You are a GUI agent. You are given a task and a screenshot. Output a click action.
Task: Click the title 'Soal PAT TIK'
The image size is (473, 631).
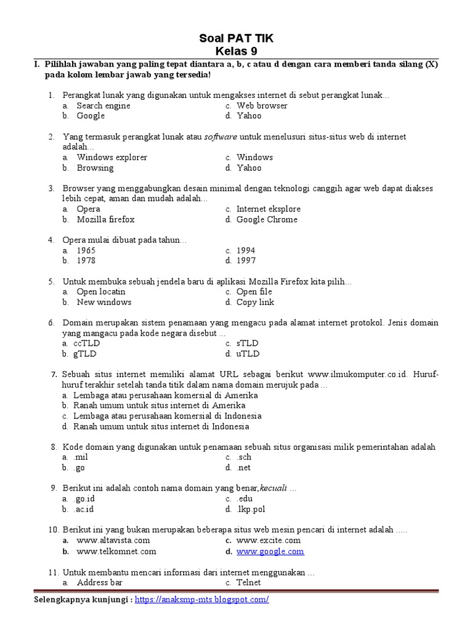pos(236,39)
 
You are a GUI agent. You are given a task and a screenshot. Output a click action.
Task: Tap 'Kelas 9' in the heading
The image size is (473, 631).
pos(236,51)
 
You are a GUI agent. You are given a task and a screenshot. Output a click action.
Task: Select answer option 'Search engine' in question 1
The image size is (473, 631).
pos(103,105)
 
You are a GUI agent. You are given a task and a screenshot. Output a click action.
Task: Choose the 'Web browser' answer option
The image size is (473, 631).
pos(262,105)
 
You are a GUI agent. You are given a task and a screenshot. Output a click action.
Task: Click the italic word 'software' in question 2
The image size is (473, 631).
pos(220,137)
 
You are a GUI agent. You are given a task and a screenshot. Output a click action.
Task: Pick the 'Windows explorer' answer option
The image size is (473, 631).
pos(112,157)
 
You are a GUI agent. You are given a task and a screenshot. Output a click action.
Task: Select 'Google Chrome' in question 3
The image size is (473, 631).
pos(267,219)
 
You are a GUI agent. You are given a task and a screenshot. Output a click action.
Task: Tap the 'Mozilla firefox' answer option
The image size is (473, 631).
pos(105,219)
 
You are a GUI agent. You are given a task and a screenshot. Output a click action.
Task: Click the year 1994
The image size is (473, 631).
pos(246,250)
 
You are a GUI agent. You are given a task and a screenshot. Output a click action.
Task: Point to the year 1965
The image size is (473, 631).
pos(86,250)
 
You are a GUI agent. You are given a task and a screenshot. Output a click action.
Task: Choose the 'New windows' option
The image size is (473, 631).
pos(104,302)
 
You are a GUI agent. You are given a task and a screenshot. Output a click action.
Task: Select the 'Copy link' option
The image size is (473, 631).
pos(255,302)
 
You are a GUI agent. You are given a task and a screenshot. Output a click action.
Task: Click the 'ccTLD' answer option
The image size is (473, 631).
pos(86,343)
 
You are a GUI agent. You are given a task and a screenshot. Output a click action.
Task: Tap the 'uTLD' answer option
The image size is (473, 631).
pos(248,354)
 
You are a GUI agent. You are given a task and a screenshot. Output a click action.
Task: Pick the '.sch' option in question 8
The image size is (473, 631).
pos(244,457)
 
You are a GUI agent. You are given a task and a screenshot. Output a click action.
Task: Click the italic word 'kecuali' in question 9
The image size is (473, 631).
pos(274,488)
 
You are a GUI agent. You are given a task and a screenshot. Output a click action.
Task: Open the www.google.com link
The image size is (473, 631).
pos(270,552)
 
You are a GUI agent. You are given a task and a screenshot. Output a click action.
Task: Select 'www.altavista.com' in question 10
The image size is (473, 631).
pos(113,540)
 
